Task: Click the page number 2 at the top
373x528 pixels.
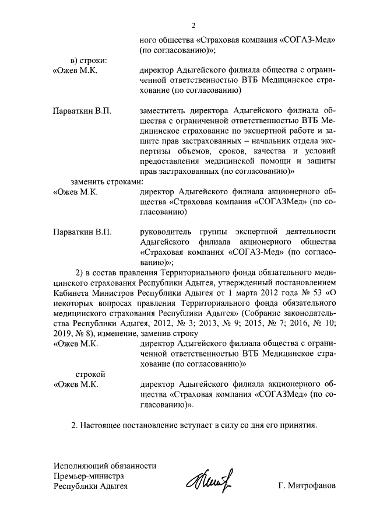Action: pyautogui.click(x=194, y=24)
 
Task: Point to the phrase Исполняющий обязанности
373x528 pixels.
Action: pyautogui.click(x=105, y=466)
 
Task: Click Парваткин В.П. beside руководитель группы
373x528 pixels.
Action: pyautogui.click(x=82, y=232)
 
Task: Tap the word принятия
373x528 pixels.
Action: pyautogui.click(x=297, y=425)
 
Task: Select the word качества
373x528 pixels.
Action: pyautogui.click(x=272, y=151)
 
